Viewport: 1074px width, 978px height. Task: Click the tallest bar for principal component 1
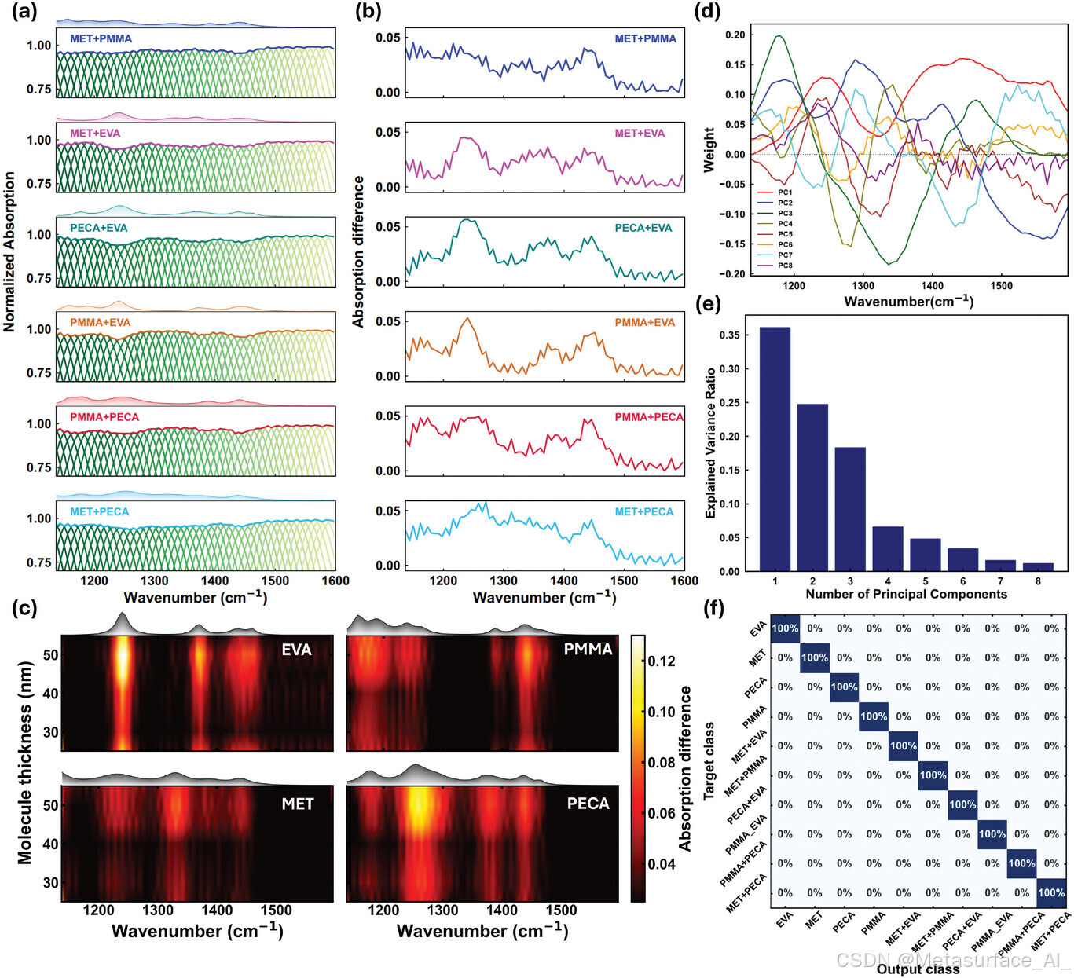tap(775, 449)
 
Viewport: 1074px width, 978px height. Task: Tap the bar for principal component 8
tap(1038, 566)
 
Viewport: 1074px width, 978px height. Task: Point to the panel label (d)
tap(708, 13)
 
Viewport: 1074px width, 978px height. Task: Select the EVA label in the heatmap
tap(296, 650)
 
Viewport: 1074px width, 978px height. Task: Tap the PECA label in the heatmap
tap(588, 804)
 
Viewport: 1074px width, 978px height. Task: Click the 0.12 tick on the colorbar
tap(662, 661)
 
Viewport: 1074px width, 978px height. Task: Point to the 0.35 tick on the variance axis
tap(729, 335)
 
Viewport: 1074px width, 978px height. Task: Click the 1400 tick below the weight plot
tap(932, 285)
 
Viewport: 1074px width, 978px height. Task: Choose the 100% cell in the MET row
tap(814, 657)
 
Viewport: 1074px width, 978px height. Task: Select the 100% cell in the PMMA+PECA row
tap(1021, 863)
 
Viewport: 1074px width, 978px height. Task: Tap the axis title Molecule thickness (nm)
tap(24, 762)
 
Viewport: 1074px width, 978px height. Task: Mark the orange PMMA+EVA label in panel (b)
tap(644, 322)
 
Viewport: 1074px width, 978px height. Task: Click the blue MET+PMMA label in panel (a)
tap(101, 38)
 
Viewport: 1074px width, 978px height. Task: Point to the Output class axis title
tap(918, 969)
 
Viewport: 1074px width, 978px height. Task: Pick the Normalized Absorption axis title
tap(9, 252)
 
